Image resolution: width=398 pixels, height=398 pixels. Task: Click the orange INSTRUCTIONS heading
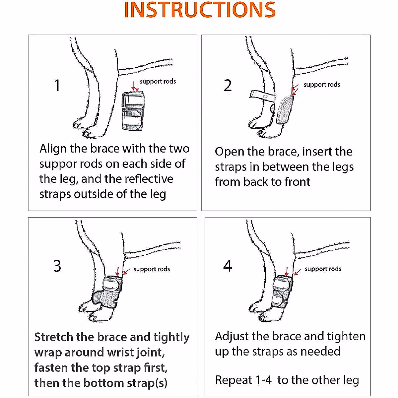200,10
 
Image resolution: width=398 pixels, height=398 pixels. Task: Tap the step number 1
57,85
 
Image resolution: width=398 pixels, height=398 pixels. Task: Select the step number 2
228,86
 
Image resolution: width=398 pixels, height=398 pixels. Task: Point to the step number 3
57,266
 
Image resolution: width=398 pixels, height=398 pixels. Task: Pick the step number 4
228,266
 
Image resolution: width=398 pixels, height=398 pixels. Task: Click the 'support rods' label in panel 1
158,81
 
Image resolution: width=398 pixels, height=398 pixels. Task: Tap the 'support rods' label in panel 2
322,85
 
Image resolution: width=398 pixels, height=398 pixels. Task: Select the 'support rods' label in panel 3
152,269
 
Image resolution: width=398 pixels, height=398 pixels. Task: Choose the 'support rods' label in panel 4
323,269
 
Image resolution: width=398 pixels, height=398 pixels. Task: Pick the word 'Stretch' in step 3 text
54,337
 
